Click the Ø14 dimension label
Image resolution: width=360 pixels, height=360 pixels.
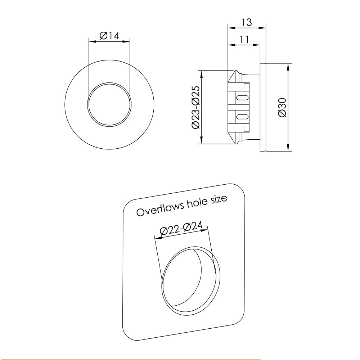tap(109, 36)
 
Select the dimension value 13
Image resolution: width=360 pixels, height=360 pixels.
tap(247, 22)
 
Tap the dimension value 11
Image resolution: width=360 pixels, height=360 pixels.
tap(244, 39)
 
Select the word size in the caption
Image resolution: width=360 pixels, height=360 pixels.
tap(218, 199)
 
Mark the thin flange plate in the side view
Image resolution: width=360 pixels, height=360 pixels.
tap(263, 107)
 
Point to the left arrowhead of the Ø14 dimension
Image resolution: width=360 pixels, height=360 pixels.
tap(91, 41)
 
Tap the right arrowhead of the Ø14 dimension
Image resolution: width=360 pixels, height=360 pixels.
tap(127, 41)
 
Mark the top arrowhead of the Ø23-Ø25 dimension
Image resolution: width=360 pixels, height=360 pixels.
tap(202, 73)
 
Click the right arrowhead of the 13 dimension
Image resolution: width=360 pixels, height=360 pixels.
tap(264, 27)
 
